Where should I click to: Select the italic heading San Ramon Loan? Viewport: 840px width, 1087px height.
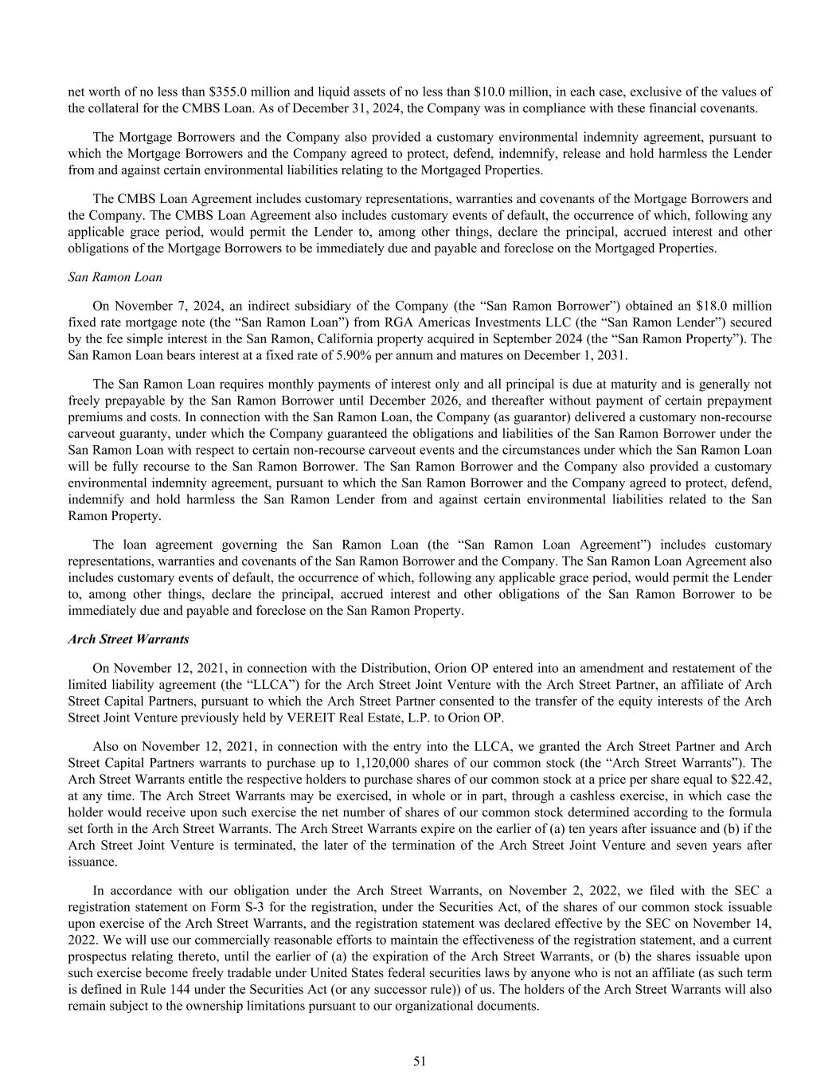[x=115, y=277]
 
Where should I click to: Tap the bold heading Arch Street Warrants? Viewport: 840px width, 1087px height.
[x=128, y=639]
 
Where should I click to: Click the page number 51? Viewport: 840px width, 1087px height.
[x=420, y=1061]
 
